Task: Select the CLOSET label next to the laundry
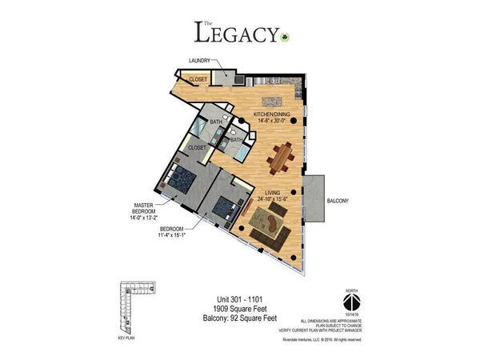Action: (x=197, y=78)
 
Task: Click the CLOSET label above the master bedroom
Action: (x=197, y=148)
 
